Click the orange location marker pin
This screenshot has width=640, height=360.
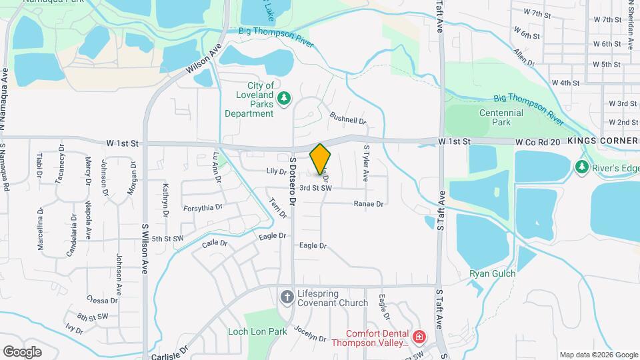click(x=321, y=159)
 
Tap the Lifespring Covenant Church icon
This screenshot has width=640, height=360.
click(x=287, y=297)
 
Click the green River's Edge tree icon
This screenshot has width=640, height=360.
click(x=582, y=165)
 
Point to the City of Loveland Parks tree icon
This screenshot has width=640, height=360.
click(x=285, y=99)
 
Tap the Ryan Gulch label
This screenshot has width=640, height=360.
click(x=493, y=273)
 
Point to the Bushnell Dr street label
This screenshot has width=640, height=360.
click(x=348, y=117)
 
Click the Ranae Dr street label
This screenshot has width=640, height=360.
click(x=369, y=203)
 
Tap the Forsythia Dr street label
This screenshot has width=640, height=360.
click(x=203, y=207)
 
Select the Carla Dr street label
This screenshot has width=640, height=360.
click(x=215, y=244)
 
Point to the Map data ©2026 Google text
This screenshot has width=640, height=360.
click(x=598, y=355)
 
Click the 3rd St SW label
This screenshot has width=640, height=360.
click(x=315, y=189)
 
